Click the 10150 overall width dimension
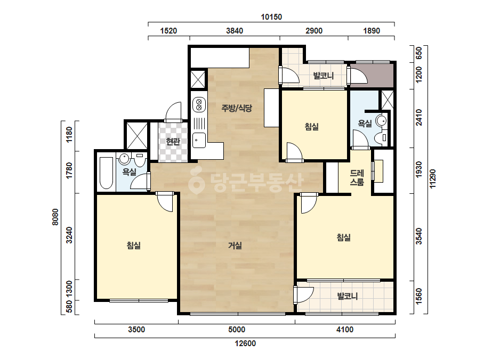click(271, 17)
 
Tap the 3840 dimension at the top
click(235, 31)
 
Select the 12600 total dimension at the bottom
click(245, 343)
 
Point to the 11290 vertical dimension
click(433, 179)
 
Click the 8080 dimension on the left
click(55, 217)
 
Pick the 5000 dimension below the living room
click(237, 330)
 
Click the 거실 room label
click(235, 246)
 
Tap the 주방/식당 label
click(237, 108)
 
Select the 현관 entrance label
click(173, 142)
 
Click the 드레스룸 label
click(357, 177)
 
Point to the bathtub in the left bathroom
click(106, 173)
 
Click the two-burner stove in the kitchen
click(199, 104)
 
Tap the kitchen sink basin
click(199, 140)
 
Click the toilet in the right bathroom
click(383, 138)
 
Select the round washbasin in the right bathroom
click(382, 120)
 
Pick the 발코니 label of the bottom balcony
click(348, 296)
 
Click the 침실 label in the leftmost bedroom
click(134, 246)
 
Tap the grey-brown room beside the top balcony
click(372, 75)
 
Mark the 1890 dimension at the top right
click(372, 31)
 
